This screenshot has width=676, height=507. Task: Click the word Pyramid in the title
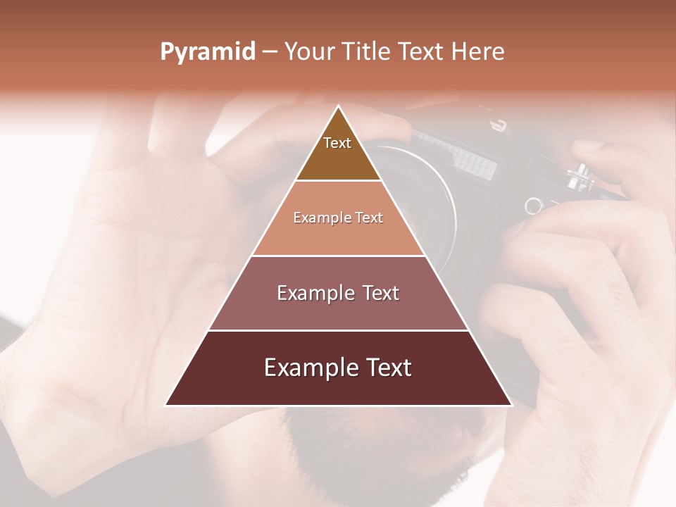207,52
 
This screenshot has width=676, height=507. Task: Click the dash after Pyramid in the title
270,52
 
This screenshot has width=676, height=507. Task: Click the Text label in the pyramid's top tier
337,143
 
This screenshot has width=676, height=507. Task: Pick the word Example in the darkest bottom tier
307,368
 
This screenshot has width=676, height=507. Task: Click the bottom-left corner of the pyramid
165,405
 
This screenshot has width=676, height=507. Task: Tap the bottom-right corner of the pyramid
511,405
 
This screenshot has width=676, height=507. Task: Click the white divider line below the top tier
339,180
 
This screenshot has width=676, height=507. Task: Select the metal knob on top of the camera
579,175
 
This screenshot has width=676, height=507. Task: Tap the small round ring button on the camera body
533,206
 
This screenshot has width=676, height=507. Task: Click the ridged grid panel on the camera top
475,163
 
